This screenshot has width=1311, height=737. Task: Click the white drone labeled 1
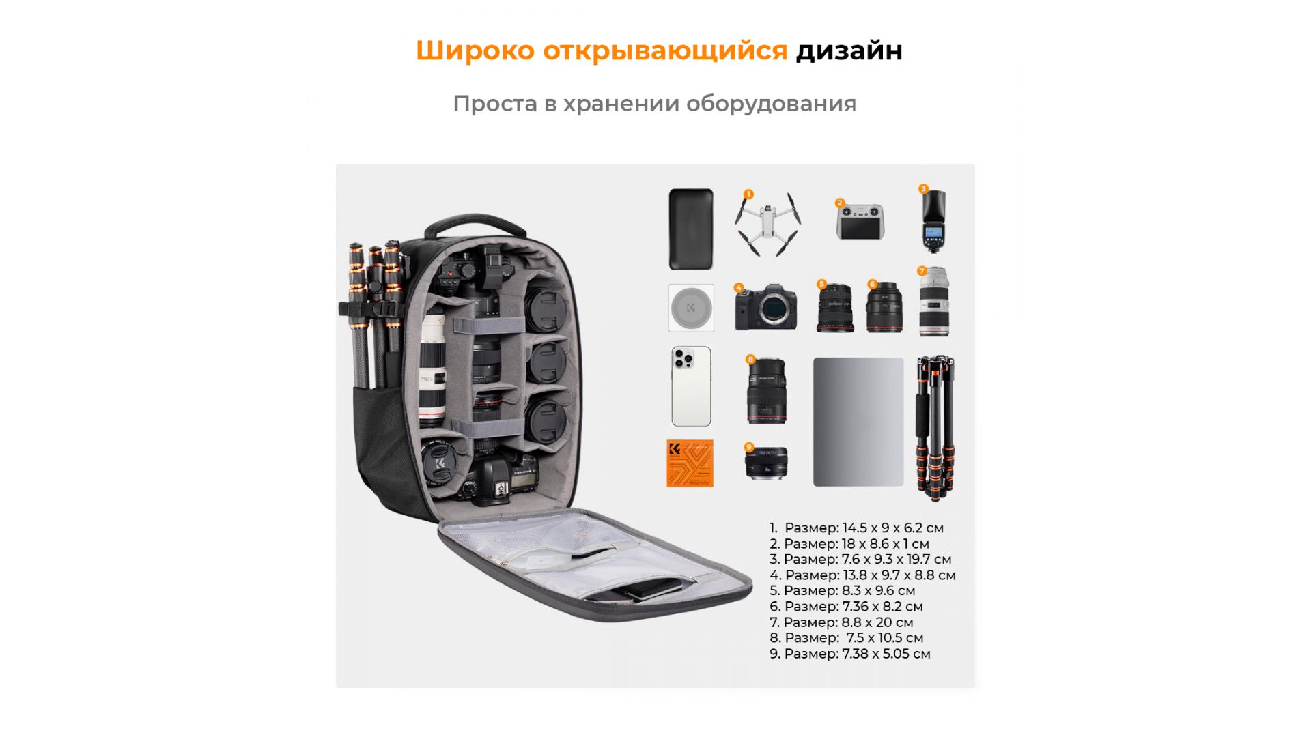tap(767, 224)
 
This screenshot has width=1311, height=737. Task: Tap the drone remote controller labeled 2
tap(860, 222)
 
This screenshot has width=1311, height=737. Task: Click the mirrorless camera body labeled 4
tap(766, 308)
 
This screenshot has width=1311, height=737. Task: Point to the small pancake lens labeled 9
tap(766, 463)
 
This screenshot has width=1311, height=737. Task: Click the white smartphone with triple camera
tap(691, 386)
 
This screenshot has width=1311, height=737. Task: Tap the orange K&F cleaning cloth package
tap(690, 463)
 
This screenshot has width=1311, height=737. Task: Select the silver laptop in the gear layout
tap(858, 422)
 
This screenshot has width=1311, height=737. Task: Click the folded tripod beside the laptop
tap(935, 427)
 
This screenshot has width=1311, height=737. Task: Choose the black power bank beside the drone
tap(691, 229)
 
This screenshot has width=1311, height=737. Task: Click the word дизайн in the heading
tap(849, 50)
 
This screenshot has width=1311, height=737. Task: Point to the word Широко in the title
tap(475, 50)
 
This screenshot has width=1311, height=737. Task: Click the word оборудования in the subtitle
tap(771, 104)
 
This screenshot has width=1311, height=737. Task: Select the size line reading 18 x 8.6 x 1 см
tap(849, 544)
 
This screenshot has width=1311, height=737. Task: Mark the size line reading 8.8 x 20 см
tap(841, 622)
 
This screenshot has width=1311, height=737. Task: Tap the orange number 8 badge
tap(750, 360)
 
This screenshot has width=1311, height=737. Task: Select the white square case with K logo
tap(691, 308)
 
